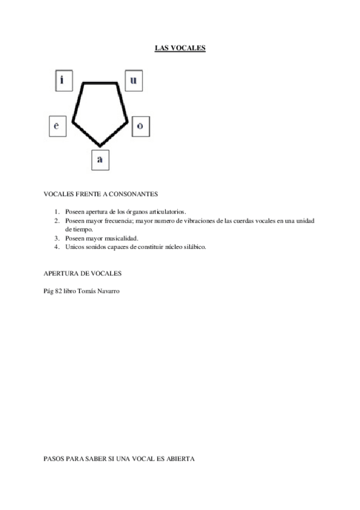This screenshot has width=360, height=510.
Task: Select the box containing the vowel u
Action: click(x=133, y=79)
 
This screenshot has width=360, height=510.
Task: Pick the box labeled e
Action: click(x=56, y=126)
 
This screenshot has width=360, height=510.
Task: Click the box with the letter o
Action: click(x=140, y=126)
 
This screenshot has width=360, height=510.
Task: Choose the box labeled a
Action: click(x=100, y=159)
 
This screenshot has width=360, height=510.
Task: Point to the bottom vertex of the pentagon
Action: click(x=100, y=146)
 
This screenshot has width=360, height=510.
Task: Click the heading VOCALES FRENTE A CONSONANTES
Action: click(x=100, y=194)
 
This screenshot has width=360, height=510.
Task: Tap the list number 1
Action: click(x=56, y=212)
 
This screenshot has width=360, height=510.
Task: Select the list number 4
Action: click(x=56, y=246)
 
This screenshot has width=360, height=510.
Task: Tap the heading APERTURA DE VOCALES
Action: click(x=83, y=272)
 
